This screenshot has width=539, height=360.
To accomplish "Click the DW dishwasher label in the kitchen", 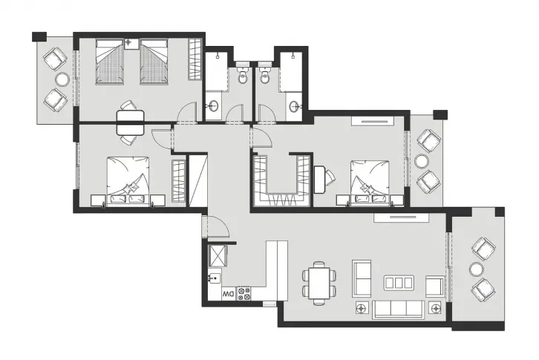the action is [x=229, y=294].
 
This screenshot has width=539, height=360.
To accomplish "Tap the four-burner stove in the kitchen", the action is [x=244, y=294].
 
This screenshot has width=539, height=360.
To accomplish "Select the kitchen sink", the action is [x=215, y=277].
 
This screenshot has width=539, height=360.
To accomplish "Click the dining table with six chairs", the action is [x=319, y=283].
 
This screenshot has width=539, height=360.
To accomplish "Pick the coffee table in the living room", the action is [x=399, y=283].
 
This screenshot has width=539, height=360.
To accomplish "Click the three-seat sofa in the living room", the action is [x=399, y=310].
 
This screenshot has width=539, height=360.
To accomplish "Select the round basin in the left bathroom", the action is [x=214, y=105].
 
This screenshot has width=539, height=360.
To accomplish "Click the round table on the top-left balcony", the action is [x=62, y=79].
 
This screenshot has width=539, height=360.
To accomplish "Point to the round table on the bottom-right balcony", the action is [x=477, y=269].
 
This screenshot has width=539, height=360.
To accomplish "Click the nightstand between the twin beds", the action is [x=131, y=44].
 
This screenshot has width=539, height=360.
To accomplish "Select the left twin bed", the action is [x=109, y=62].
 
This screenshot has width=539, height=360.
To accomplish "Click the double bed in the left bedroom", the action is [x=128, y=181].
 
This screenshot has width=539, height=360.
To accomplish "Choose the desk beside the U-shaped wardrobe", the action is [x=320, y=179].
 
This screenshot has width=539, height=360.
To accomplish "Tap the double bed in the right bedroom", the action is [x=370, y=183].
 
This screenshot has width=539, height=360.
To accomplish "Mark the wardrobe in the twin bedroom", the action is [x=195, y=59].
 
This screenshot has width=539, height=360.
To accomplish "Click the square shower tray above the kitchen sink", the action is [x=218, y=255].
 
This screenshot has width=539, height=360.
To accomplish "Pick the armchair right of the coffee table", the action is [x=435, y=286].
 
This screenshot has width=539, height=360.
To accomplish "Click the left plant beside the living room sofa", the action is [x=362, y=309].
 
